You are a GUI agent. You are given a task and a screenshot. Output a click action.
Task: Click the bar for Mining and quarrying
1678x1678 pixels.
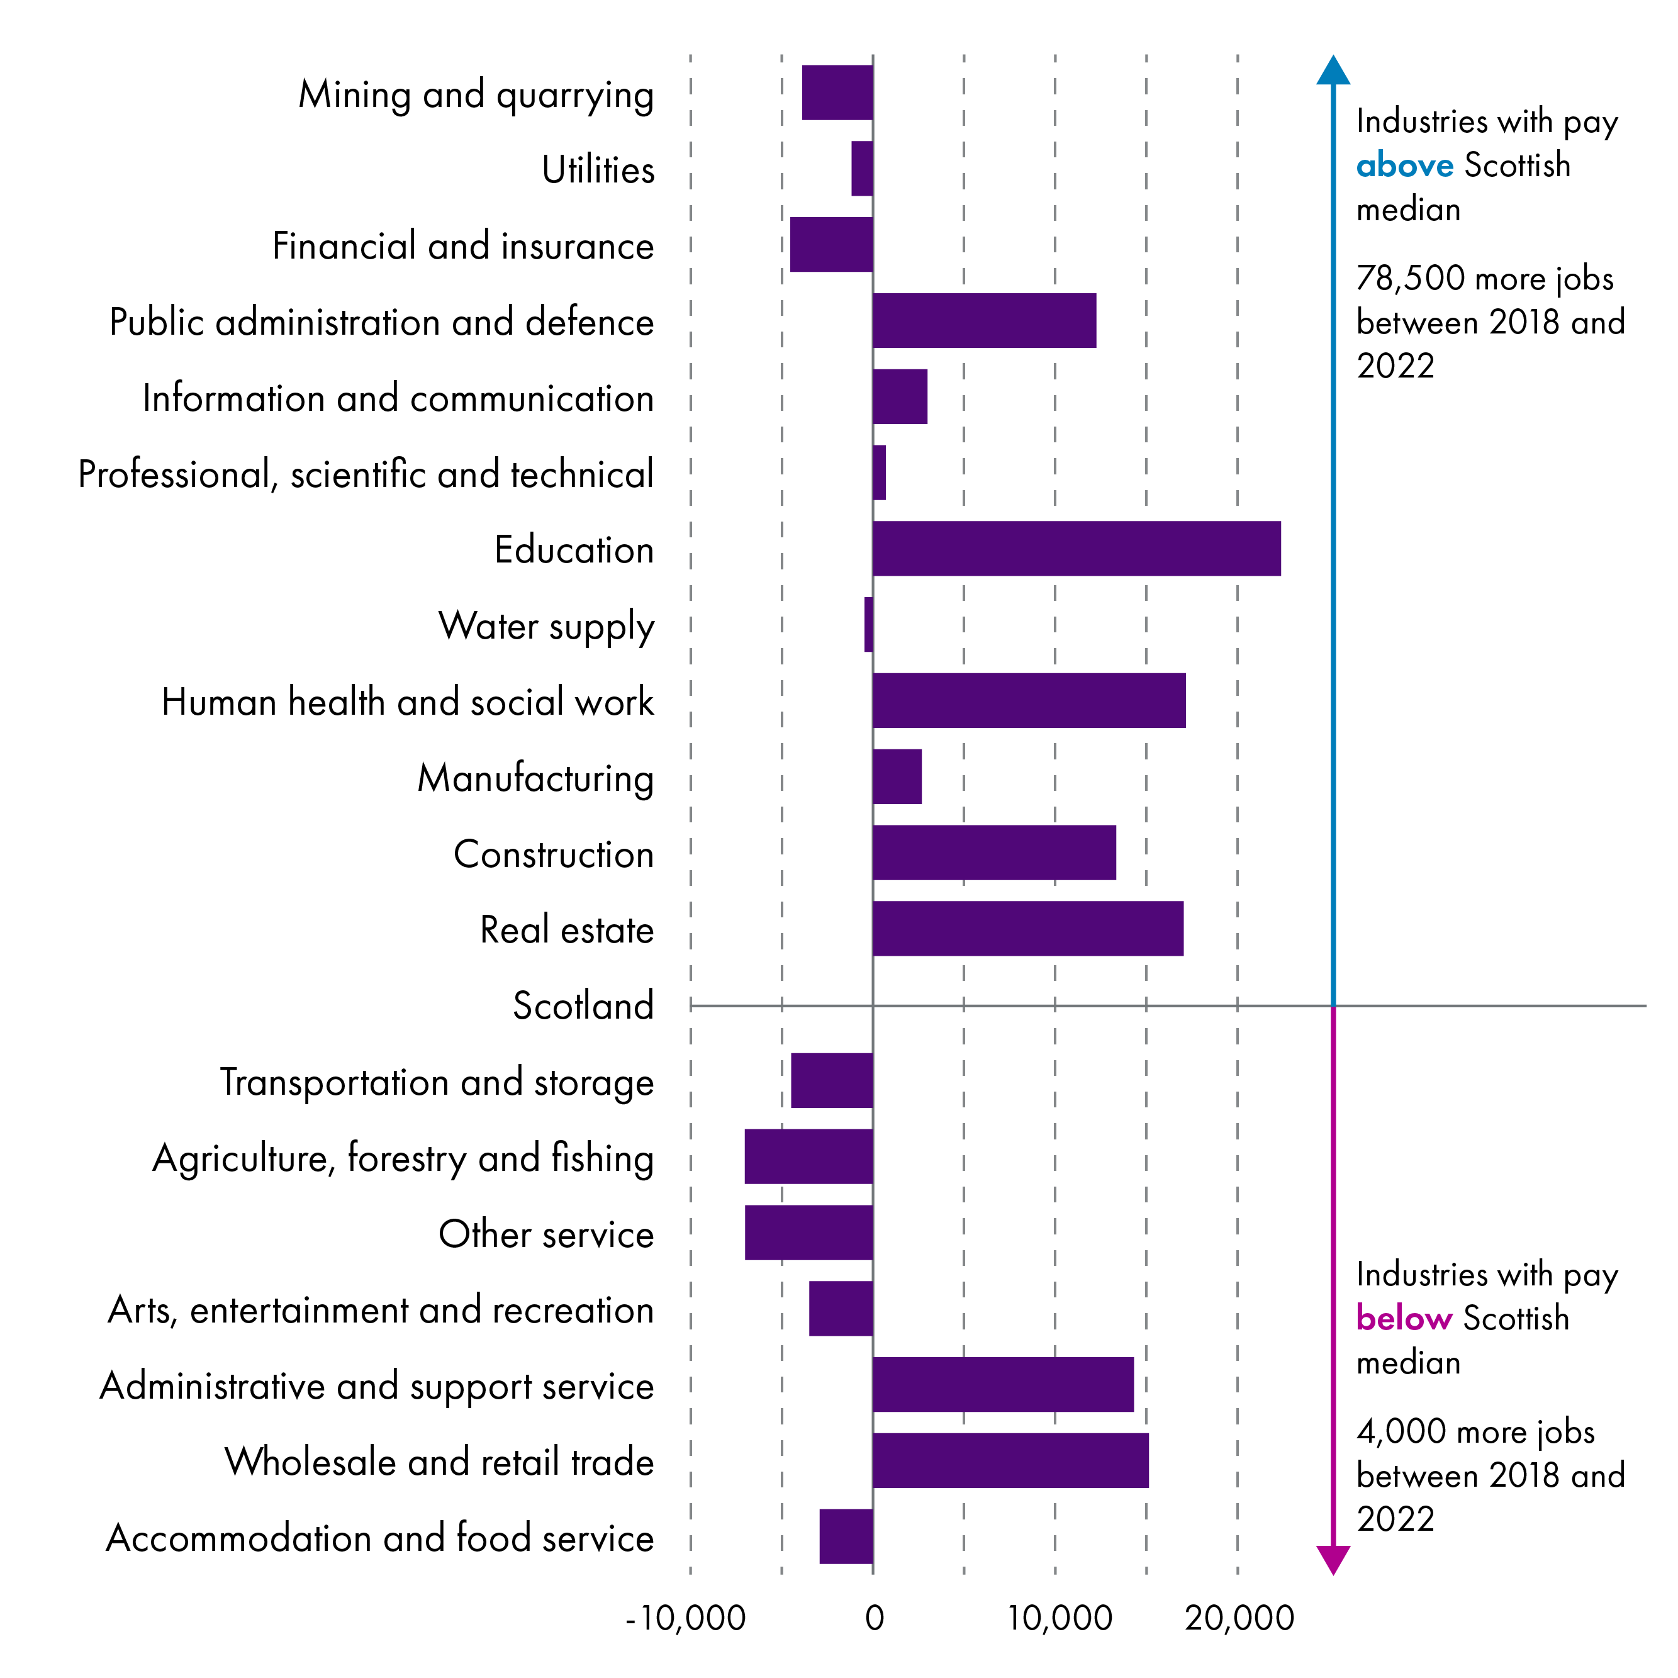point(837,92)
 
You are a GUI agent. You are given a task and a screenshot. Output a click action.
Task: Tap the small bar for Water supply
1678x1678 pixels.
point(868,625)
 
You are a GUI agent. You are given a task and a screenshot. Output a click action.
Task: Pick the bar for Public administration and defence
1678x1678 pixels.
point(984,320)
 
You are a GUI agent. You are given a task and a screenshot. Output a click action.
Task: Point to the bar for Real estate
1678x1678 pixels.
point(1027,929)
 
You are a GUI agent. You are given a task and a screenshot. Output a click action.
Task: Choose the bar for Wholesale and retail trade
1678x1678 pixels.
point(1010,1460)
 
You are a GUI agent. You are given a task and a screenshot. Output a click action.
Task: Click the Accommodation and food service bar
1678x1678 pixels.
point(846,1536)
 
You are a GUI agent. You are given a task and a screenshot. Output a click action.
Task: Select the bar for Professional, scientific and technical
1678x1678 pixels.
point(879,473)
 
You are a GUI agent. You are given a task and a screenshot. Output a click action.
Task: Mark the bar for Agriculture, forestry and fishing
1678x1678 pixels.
point(808,1156)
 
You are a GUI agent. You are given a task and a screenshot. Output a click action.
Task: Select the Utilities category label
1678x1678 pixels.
point(598,169)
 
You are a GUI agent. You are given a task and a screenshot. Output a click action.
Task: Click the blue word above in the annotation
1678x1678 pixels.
point(1404,165)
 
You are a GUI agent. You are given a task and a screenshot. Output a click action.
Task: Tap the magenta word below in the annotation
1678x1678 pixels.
point(1404,1319)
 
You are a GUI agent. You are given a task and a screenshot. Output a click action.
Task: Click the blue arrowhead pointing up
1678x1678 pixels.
point(1333,70)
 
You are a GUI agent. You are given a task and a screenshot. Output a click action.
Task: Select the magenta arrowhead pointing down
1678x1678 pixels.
point(1333,1560)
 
